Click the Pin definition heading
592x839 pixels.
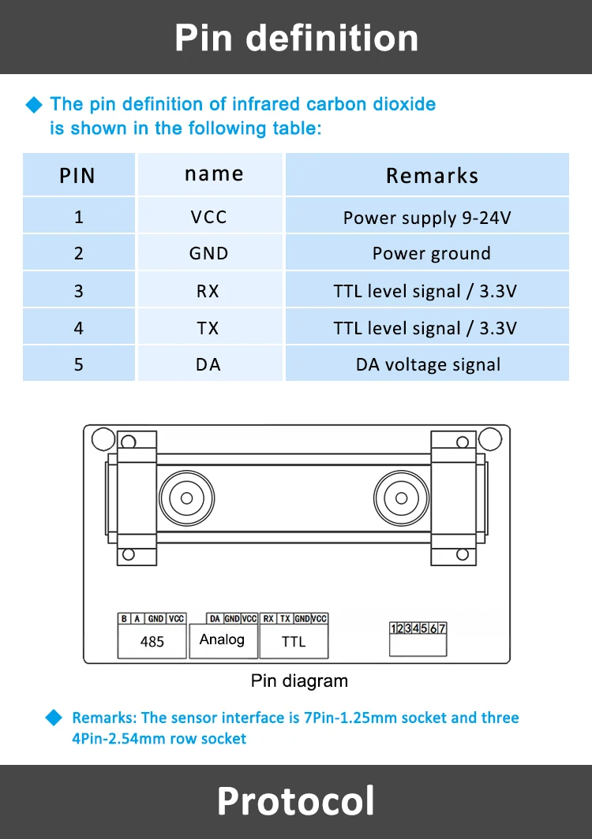click(296, 38)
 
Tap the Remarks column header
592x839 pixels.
click(432, 176)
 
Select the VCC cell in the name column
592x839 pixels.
click(208, 217)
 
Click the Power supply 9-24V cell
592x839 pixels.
click(427, 218)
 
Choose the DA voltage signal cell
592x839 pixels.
click(428, 364)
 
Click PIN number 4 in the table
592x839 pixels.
click(79, 327)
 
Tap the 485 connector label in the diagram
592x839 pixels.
click(152, 642)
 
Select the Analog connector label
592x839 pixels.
click(222, 640)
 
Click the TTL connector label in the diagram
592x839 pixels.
click(294, 642)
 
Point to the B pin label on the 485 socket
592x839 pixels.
click(124, 618)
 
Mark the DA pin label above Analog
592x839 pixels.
click(215, 618)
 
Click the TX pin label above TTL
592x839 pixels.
click(285, 618)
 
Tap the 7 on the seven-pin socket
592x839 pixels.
click(442, 628)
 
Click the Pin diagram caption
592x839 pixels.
click(299, 681)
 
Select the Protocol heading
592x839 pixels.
click(296, 801)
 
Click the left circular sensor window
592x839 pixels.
click(186, 498)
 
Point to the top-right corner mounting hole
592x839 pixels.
click(489, 438)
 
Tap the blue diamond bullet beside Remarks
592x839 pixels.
click(54, 718)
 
